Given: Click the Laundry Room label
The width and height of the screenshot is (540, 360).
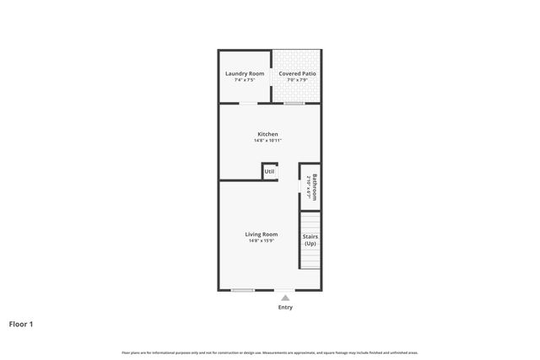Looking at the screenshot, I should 245,73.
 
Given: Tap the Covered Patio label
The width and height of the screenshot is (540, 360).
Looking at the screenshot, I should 297,73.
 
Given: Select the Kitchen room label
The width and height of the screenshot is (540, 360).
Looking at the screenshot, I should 267,134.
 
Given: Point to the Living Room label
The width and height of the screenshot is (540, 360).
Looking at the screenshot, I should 262,234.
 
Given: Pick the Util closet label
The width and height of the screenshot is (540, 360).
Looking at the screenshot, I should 269,172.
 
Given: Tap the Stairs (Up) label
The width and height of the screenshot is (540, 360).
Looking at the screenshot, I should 310,239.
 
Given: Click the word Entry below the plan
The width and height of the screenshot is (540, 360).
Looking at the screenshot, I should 285,307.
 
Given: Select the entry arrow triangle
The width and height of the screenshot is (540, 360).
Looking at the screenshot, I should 285,298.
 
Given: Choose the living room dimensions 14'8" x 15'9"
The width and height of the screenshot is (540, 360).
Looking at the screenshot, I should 262,241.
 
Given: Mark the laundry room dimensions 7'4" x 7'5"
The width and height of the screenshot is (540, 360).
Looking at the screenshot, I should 245,80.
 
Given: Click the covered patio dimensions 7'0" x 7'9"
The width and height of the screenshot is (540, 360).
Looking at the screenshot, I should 297,80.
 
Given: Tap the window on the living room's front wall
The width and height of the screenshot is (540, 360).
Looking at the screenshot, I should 243,290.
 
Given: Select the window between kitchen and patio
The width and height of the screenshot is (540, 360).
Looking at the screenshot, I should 294,103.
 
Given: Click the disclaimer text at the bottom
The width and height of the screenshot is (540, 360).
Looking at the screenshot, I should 269,352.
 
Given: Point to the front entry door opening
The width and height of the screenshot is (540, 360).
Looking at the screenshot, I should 285,290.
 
